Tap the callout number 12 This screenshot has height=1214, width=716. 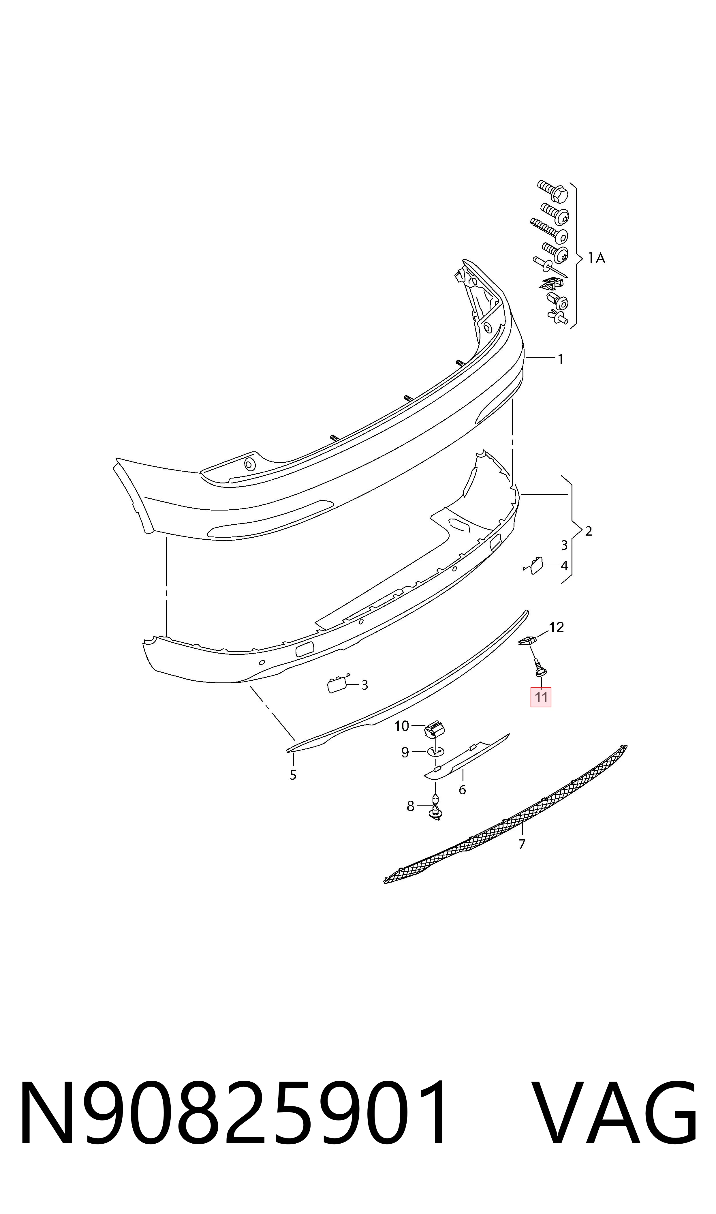556,627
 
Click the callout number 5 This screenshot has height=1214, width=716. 293,775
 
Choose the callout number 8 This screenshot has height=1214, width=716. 411,806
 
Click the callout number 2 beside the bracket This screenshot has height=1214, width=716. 588,531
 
